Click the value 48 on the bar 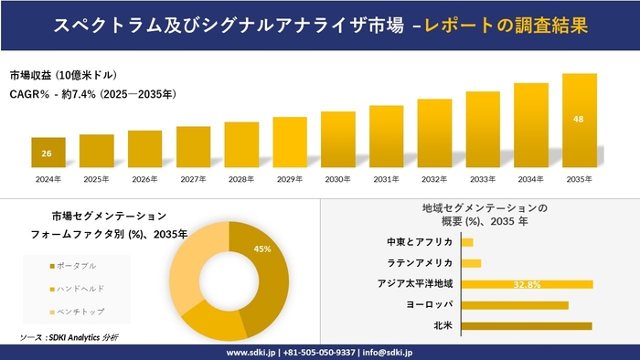[579, 119]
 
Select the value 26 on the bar [47, 153]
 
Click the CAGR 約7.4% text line [93, 94]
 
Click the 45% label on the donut [262, 249]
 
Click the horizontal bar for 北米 [527, 325]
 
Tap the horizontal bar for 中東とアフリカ [467, 242]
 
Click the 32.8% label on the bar [528, 284]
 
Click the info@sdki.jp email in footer [389, 352]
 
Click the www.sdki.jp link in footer [252, 352]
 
